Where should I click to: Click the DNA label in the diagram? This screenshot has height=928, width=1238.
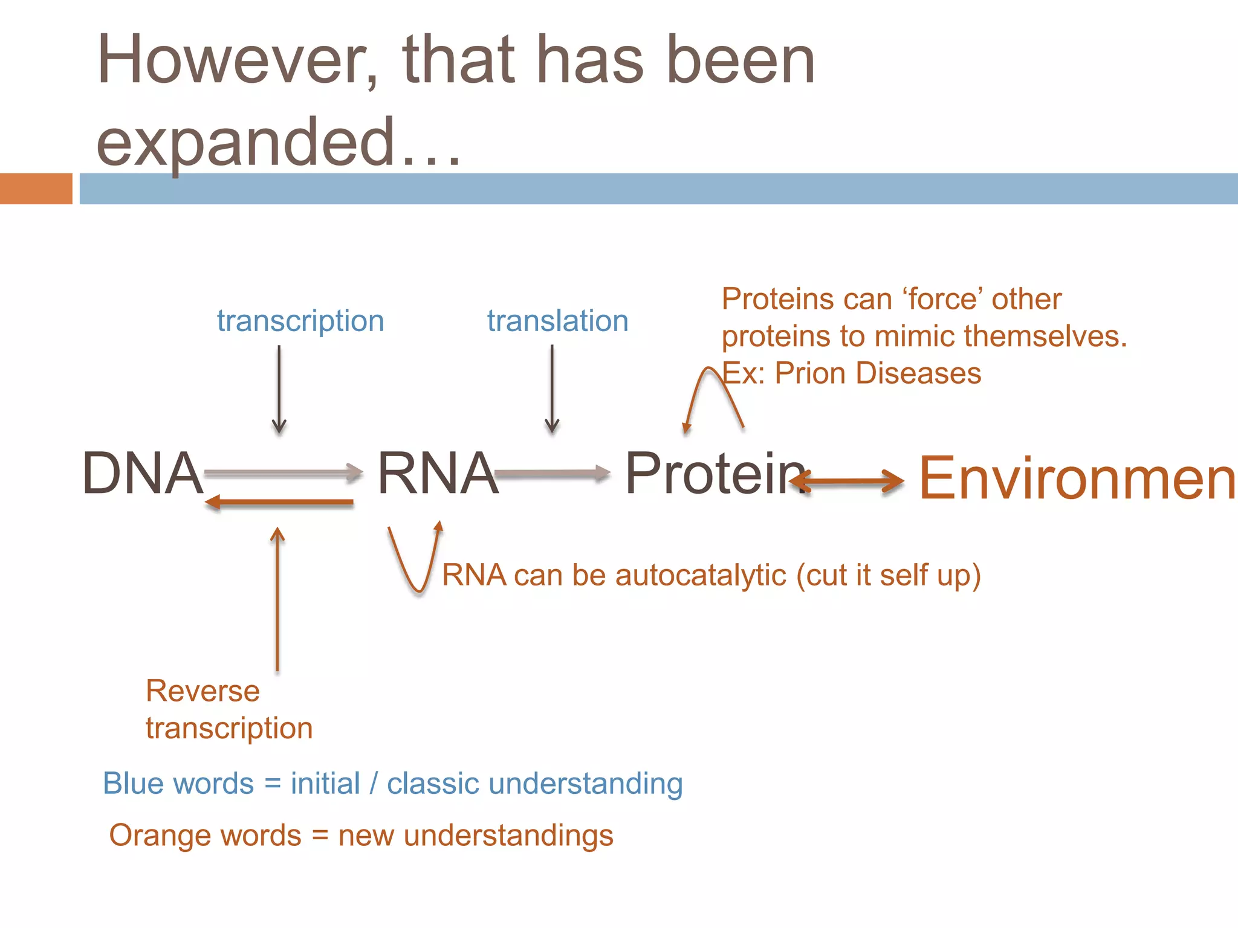pos(143,473)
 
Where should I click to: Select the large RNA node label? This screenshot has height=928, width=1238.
pos(438,473)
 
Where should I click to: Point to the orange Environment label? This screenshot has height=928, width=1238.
pos(1076,478)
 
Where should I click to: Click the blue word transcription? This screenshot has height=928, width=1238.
pos(300,321)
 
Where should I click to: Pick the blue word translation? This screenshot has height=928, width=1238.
pos(557,321)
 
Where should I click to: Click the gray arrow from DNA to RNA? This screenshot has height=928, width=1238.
pos(283,473)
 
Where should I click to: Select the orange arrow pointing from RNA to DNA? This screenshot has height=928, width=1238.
pos(279,502)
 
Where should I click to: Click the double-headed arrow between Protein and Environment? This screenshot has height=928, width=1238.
pos(846,482)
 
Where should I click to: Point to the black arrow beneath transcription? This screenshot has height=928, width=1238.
pos(279,390)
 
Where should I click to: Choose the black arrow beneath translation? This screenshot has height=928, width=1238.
pos(552,390)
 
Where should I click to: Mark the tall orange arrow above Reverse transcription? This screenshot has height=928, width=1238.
pos(277,598)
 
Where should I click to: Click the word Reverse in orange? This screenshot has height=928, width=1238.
pos(203,691)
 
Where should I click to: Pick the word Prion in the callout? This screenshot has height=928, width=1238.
pos(811,373)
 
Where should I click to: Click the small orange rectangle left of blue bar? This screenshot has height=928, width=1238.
pos(36,188)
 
